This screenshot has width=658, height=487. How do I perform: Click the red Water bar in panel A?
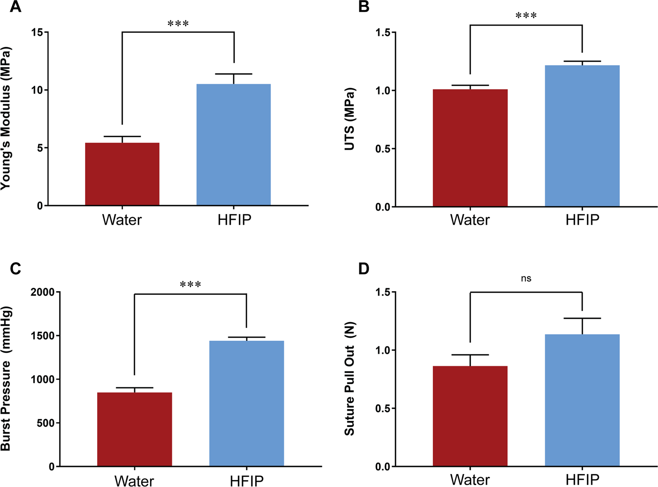point(122,174)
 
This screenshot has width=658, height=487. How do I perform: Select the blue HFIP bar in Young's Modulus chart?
point(234,145)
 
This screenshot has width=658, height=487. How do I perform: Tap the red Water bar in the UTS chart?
point(470,148)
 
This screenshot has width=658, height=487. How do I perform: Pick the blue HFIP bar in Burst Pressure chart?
point(246,403)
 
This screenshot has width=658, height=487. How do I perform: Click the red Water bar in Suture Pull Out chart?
point(470,416)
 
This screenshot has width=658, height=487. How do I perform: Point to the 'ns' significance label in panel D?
point(526,279)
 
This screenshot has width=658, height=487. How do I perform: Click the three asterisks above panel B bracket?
point(526,16)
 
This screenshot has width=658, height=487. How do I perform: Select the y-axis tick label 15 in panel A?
point(37,32)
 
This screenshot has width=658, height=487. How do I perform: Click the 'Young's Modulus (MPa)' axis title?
point(6,119)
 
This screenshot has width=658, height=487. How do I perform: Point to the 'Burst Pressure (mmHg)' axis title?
point(6,379)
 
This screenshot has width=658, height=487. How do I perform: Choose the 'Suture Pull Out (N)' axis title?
point(350,379)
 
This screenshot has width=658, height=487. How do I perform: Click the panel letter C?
point(15,269)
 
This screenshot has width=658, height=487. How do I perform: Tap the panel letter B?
point(364,7)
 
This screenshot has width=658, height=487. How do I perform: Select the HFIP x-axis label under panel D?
point(582,480)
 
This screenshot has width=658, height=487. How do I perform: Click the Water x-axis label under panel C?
point(134,481)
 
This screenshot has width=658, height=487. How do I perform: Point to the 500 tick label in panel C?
point(46,423)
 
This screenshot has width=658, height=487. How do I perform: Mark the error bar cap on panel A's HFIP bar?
point(234,74)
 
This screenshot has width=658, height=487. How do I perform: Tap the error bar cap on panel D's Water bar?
point(470,355)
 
